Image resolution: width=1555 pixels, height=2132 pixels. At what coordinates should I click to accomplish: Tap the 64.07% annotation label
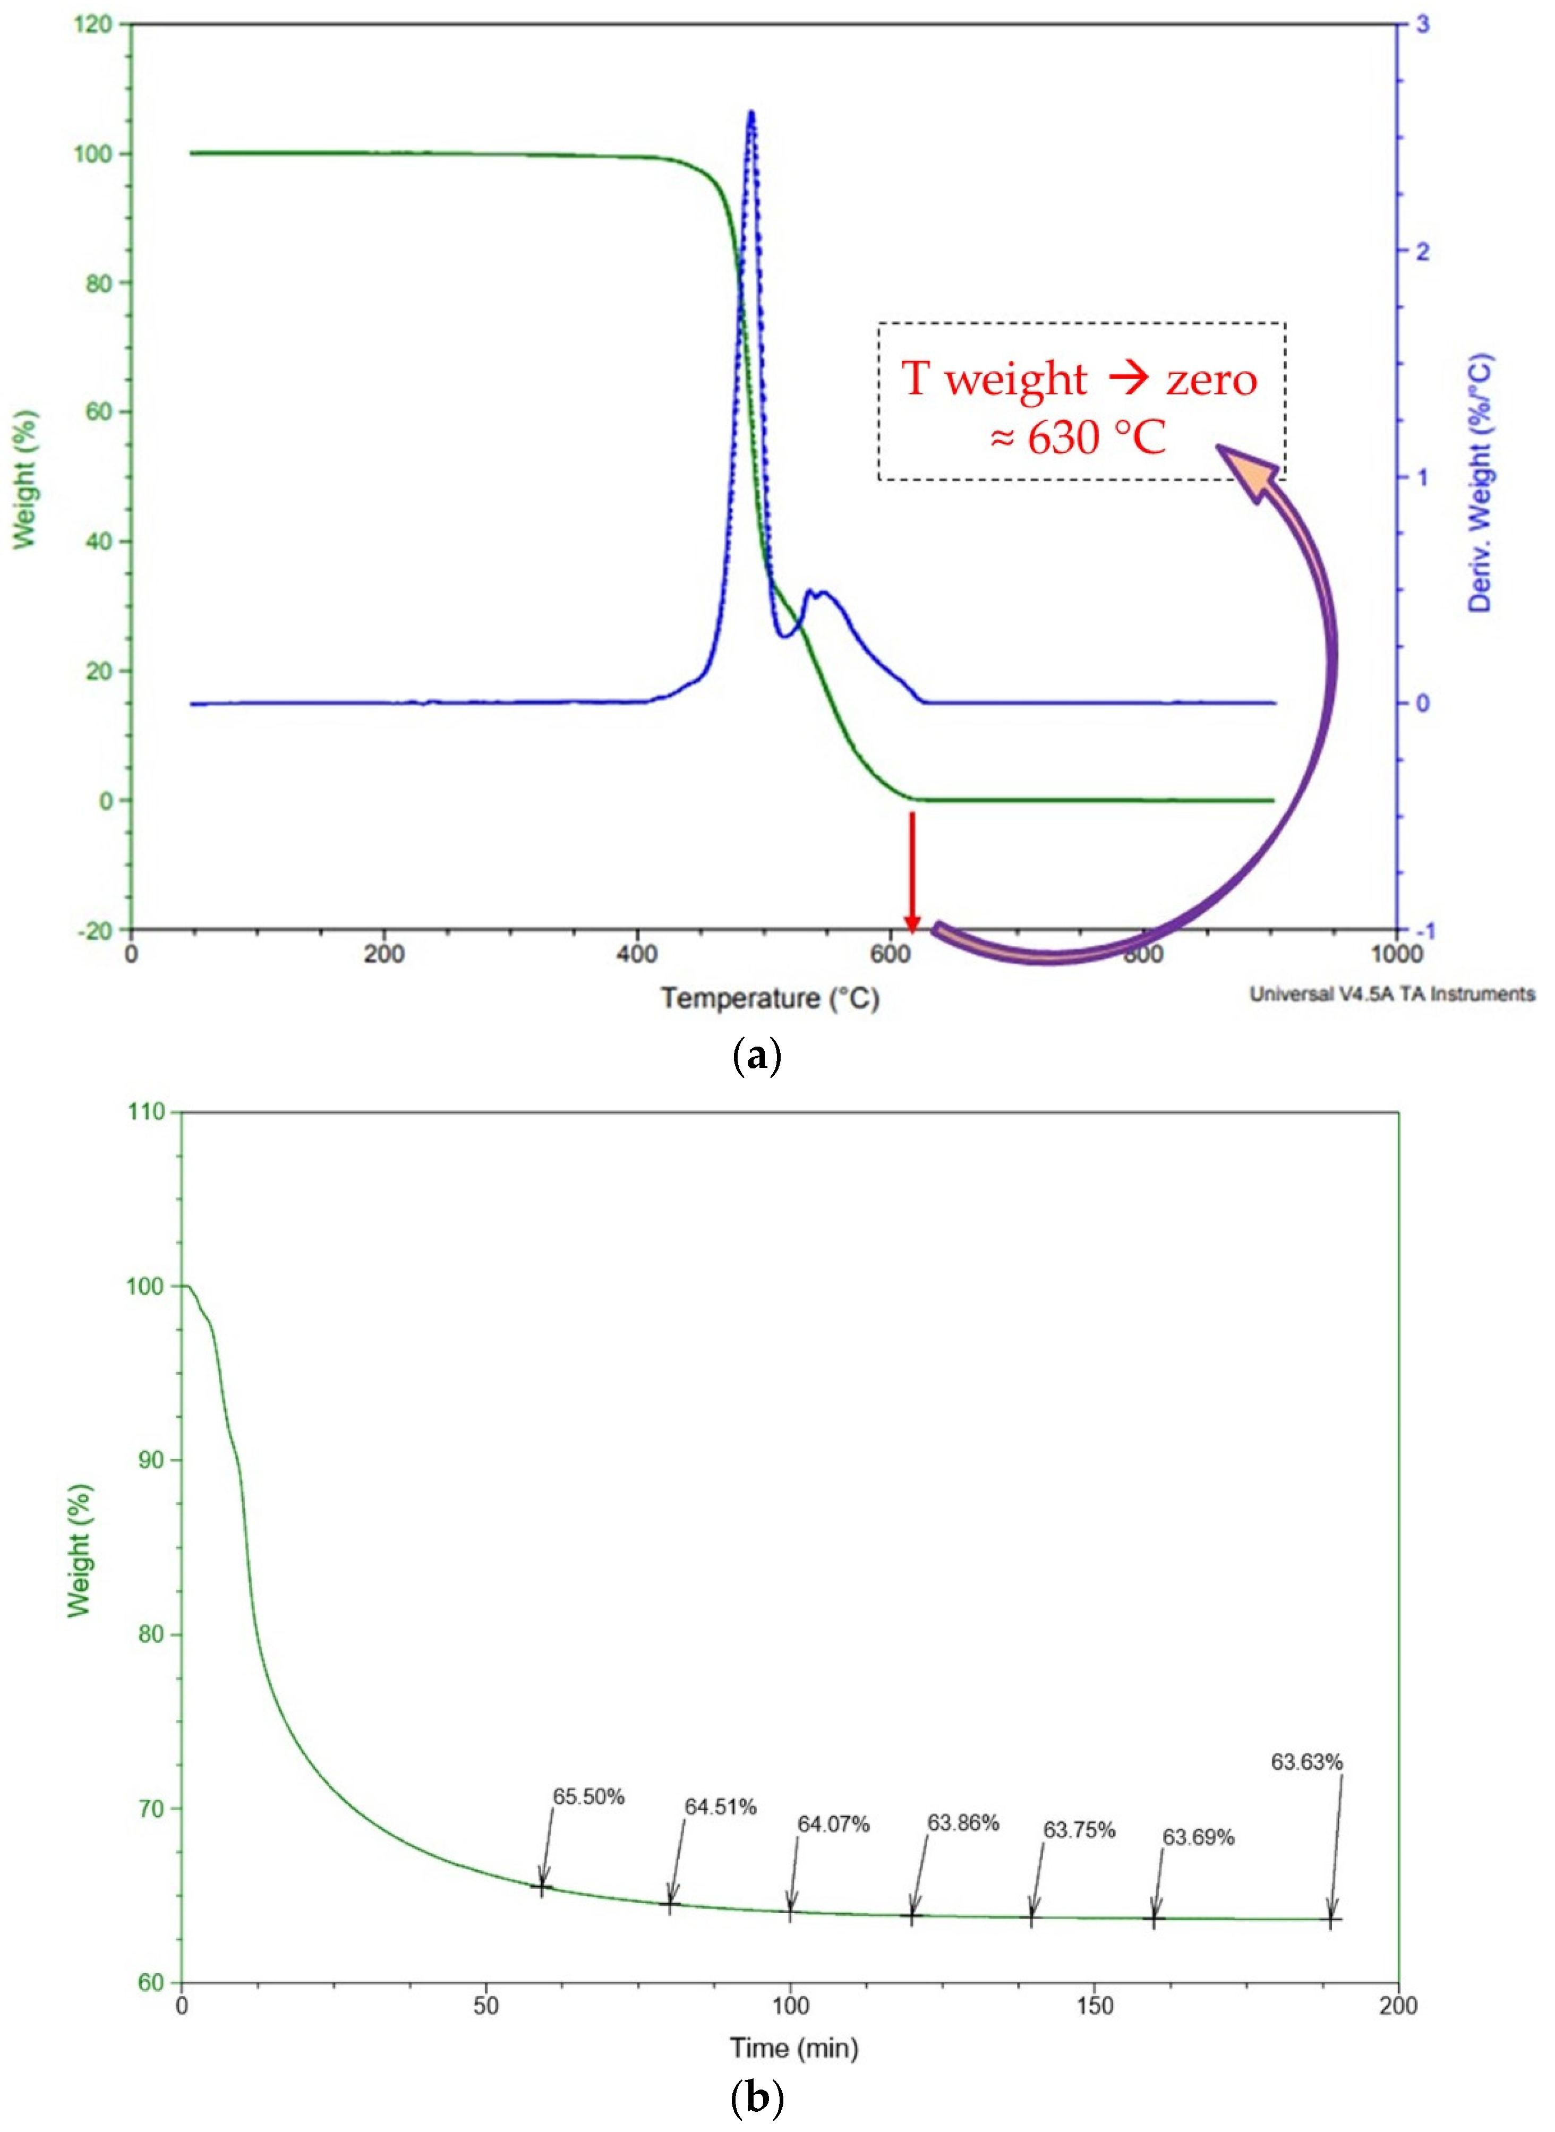coord(833,1824)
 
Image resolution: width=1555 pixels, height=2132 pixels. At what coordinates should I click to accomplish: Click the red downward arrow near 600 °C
coord(911,871)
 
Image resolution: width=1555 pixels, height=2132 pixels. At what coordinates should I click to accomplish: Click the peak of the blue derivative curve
coord(750,114)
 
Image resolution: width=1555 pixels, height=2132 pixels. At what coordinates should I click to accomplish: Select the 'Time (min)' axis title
coord(793,2047)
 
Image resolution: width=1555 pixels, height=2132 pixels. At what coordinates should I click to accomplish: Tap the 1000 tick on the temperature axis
coord(1396,954)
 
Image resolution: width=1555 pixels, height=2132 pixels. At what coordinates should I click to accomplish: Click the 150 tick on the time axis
coord(1094,2005)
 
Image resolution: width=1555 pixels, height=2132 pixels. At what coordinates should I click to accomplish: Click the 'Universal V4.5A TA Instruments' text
coord(1391,993)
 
